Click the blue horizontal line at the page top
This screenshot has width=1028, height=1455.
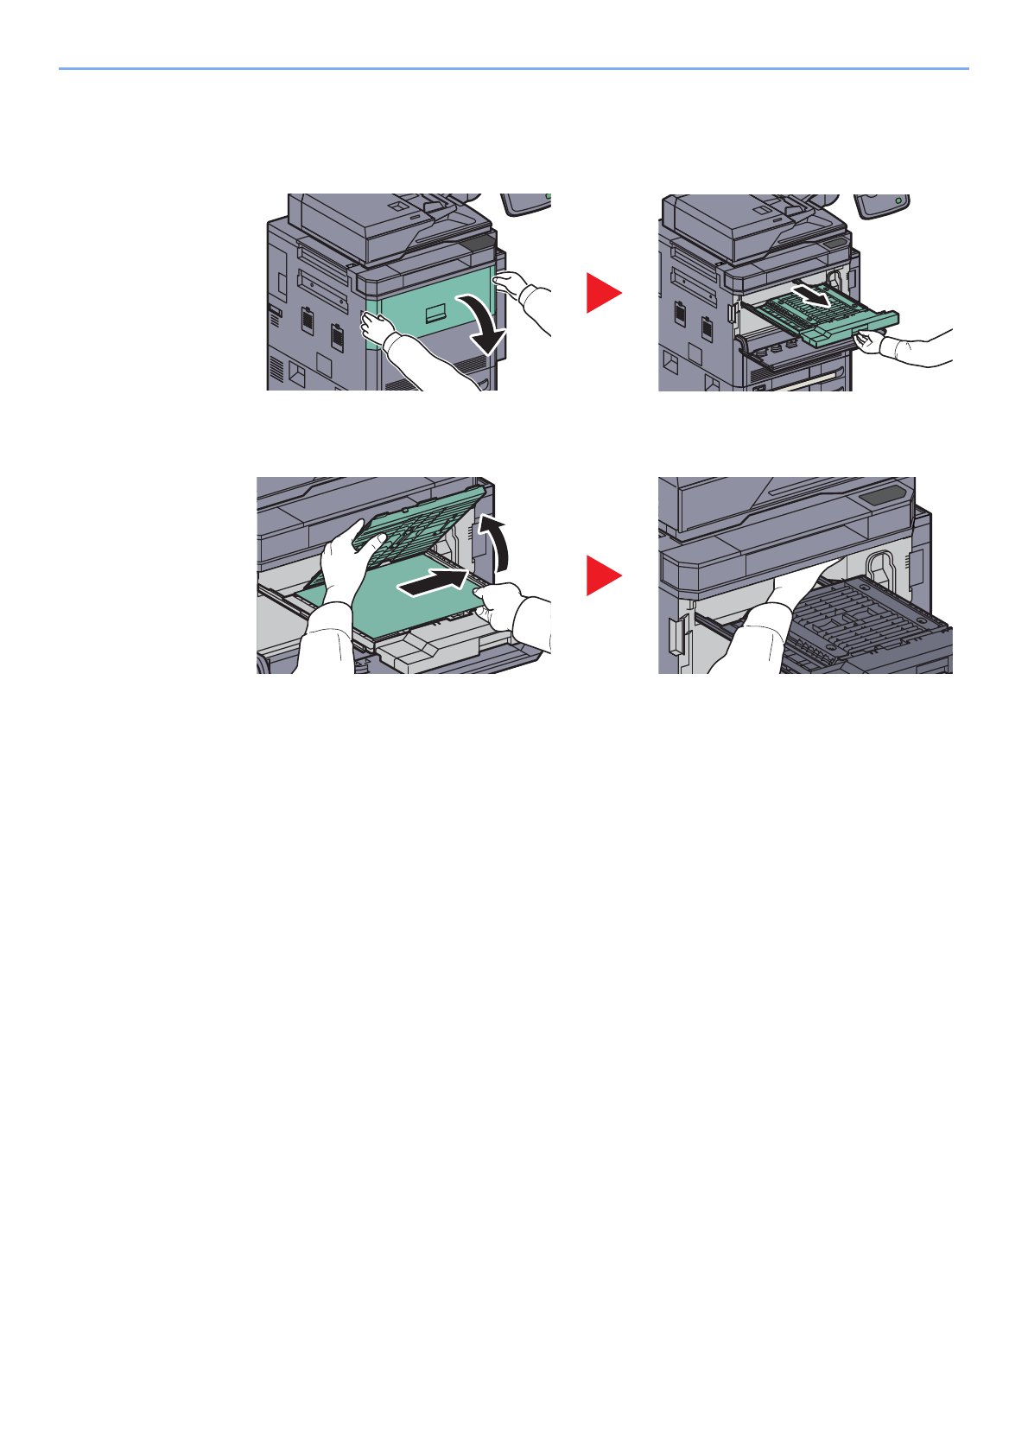click(513, 68)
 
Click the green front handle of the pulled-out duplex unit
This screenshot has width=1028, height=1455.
click(855, 333)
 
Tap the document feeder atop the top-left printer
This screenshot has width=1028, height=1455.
click(380, 220)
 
